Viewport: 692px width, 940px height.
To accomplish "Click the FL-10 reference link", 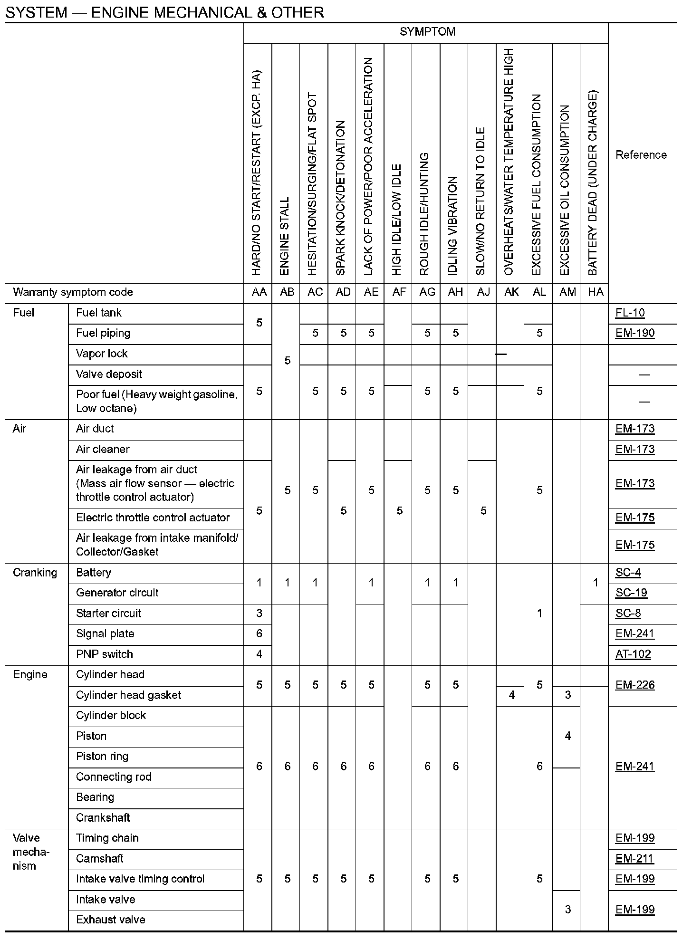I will [630, 313].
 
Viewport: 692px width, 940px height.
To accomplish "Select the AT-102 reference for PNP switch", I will [633, 654].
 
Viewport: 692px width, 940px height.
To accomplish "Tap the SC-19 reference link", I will [631, 593].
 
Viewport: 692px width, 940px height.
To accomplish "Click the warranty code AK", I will [511, 292].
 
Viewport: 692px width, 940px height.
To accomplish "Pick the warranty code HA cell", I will [596, 292].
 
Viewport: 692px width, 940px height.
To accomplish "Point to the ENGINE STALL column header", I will [285, 236].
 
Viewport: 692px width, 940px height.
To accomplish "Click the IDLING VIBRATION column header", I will [453, 226].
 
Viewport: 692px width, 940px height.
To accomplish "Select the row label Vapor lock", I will [102, 354].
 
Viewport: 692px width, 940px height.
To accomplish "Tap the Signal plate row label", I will [105, 633].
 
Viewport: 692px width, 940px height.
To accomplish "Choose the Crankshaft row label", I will [103, 817].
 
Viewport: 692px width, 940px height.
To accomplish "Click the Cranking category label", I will [35, 573].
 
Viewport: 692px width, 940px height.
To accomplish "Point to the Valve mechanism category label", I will [31, 852].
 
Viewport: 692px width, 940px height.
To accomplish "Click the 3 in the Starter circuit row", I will [259, 613].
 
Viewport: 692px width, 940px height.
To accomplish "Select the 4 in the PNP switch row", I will [259, 654].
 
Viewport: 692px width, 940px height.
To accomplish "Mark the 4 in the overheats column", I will [511, 695].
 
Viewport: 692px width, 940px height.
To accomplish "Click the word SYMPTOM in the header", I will [427, 32].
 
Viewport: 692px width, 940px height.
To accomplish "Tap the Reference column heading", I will [641, 155].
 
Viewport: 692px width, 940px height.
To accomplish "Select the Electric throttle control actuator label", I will [153, 518].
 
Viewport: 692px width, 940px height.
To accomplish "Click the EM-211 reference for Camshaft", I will [634, 858].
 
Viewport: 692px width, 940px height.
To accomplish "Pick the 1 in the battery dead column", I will [596, 583].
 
